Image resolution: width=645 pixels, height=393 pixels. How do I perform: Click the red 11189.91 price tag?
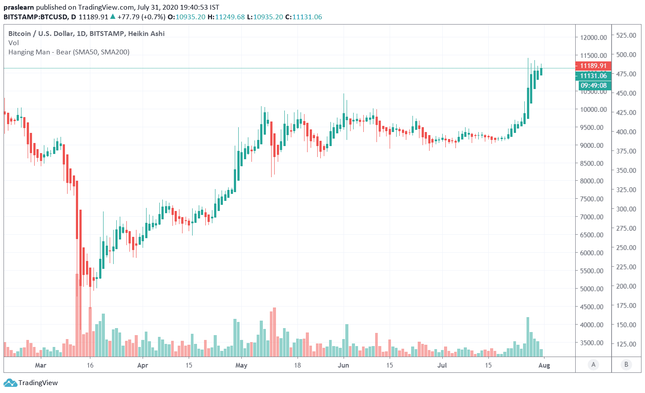click(x=593, y=66)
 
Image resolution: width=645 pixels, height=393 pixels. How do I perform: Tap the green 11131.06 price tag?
click(x=593, y=76)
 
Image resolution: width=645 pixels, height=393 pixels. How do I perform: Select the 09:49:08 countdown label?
click(x=593, y=86)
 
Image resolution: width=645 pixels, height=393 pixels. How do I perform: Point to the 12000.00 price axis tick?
click(x=593, y=37)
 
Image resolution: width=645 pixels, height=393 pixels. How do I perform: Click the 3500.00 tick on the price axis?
click(x=593, y=343)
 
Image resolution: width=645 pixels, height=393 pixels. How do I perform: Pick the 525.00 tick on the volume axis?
click(x=626, y=35)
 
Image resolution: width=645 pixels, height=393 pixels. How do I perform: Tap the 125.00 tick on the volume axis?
click(x=626, y=344)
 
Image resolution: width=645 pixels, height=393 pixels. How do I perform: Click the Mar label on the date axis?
click(x=40, y=365)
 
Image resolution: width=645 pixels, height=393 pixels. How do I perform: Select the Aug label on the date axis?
click(x=544, y=365)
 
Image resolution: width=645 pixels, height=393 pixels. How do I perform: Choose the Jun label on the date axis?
click(x=344, y=365)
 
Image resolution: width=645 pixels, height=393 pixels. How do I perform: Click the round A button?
click(x=593, y=364)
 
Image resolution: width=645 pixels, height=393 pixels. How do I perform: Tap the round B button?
click(x=626, y=364)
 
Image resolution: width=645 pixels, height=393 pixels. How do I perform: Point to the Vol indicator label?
click(x=14, y=43)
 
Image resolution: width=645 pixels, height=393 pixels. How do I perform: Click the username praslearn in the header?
click(x=18, y=7)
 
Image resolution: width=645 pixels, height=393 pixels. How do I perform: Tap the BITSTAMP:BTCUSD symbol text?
click(x=36, y=17)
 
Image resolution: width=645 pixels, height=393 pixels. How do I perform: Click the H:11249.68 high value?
click(x=226, y=17)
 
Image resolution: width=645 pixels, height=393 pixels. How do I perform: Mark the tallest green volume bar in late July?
click(x=528, y=336)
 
